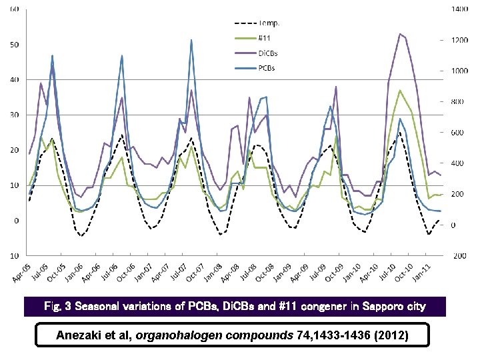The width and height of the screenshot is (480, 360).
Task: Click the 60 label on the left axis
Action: pos(13,9)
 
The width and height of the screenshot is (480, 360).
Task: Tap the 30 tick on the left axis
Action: pos(13,115)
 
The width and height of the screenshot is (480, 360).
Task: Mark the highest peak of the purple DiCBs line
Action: pos(400,33)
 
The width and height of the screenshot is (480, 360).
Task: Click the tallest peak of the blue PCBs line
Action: pos(191,39)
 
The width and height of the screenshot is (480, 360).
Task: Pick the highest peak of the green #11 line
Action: pos(400,90)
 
